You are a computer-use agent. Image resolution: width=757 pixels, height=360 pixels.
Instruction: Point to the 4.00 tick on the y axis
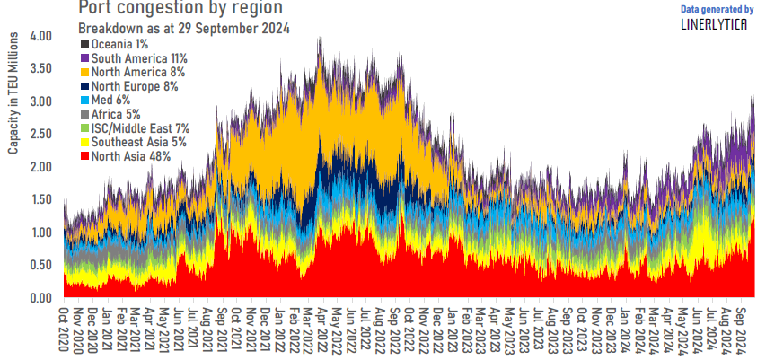pos(41,37)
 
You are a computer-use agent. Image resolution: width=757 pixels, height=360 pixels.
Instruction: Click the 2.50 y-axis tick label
pos(41,135)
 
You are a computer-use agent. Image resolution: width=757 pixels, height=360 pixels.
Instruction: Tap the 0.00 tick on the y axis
pos(41,298)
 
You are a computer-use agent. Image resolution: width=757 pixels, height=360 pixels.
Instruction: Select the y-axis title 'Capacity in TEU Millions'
pos(13,94)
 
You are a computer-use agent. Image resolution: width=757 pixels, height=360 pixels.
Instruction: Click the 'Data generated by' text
pos(717,9)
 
